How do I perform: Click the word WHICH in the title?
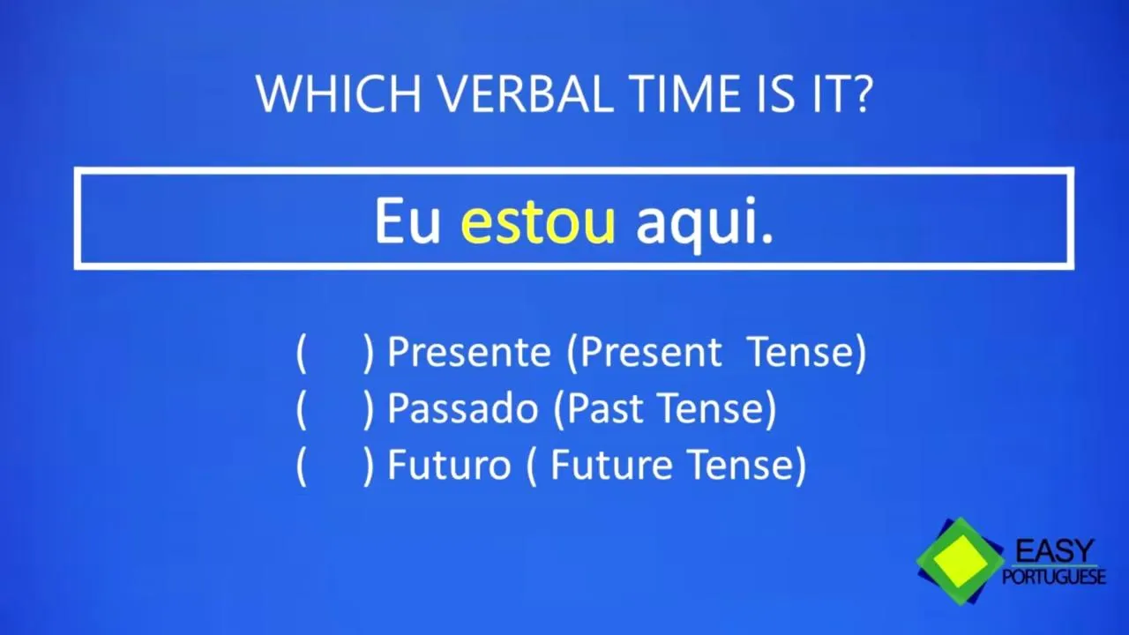click(x=339, y=93)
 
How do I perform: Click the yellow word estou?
click(x=538, y=222)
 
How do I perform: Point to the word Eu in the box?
click(x=407, y=221)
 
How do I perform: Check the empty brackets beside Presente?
click(x=335, y=353)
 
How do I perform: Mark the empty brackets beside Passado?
click(x=335, y=409)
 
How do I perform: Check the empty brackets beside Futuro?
click(x=335, y=466)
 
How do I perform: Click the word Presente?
click(x=468, y=352)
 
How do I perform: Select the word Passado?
click(x=463, y=408)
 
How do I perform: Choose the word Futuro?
click(x=449, y=465)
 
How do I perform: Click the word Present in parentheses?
click(x=650, y=352)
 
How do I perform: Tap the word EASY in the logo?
click(x=1054, y=551)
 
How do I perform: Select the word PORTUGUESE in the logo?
click(x=1054, y=577)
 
